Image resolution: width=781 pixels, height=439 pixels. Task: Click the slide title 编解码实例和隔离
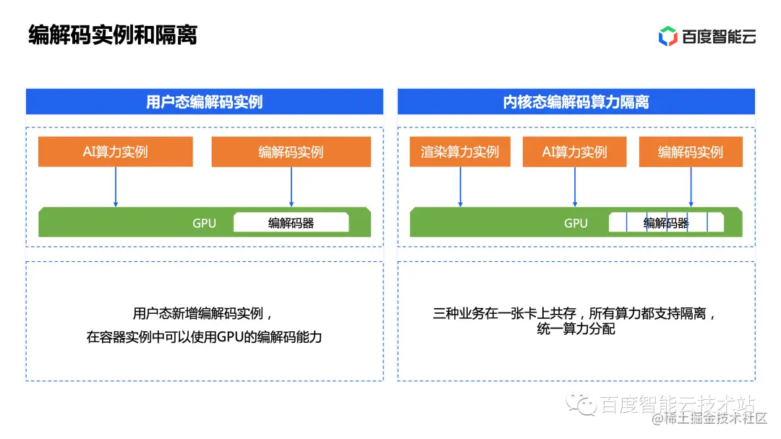click(x=113, y=35)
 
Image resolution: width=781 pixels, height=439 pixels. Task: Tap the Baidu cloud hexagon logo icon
click(x=667, y=35)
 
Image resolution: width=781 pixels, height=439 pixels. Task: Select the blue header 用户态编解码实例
click(x=204, y=102)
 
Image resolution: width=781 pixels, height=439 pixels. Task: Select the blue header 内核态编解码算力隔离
click(x=576, y=102)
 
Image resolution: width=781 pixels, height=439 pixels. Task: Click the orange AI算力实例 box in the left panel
click(x=116, y=152)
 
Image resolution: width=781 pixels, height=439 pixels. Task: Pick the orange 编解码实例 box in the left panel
click(x=291, y=152)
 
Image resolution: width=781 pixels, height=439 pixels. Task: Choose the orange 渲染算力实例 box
click(x=460, y=152)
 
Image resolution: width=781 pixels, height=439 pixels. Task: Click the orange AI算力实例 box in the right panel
click(x=575, y=152)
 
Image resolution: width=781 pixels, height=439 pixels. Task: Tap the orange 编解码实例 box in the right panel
click(x=690, y=152)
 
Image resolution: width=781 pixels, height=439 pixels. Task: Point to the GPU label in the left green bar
click(x=204, y=223)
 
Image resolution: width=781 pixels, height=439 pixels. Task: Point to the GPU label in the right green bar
click(x=576, y=223)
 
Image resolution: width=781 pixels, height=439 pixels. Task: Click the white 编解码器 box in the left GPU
click(x=291, y=223)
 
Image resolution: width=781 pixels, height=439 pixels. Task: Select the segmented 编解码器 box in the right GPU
click(x=665, y=223)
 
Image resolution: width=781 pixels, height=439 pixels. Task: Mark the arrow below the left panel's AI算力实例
click(x=116, y=187)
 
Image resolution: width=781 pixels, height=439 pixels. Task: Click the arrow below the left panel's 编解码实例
click(x=291, y=187)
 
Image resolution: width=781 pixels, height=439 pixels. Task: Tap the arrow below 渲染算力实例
click(x=460, y=187)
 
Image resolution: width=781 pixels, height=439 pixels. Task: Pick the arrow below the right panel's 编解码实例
click(x=691, y=187)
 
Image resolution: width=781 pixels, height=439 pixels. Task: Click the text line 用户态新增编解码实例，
click(x=204, y=314)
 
